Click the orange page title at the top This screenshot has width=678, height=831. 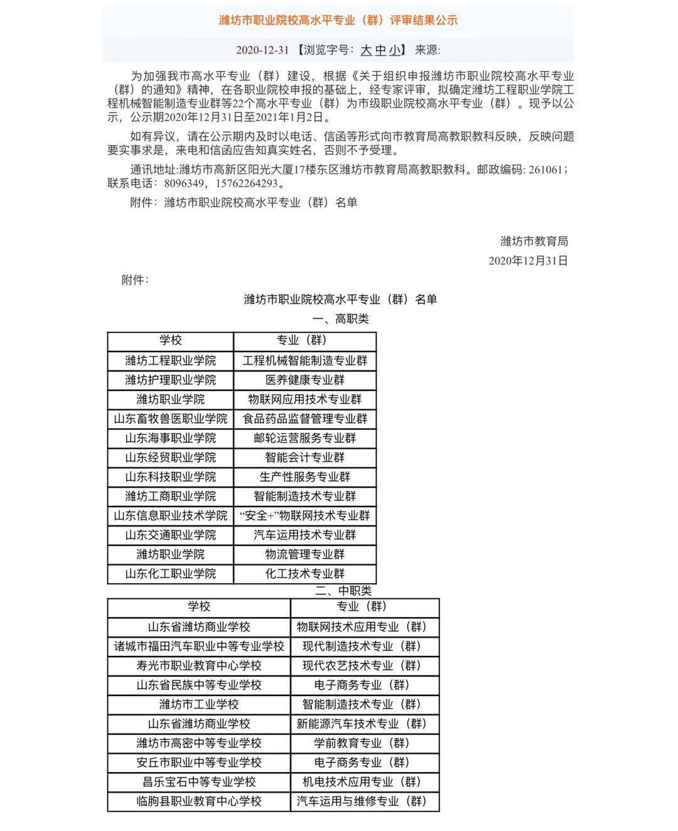click(x=338, y=20)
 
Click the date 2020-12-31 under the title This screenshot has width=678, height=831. click(x=262, y=50)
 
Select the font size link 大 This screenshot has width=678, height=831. click(x=366, y=50)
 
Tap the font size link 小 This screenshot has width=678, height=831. click(x=394, y=50)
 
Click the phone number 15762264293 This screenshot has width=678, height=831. click(x=246, y=184)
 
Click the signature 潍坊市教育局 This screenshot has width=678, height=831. click(x=534, y=241)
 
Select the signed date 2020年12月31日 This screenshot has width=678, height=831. click(x=528, y=260)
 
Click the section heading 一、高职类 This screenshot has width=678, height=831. click(x=341, y=319)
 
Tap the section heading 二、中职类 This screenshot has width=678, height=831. click(x=343, y=591)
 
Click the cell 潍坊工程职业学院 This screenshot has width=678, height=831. click(x=170, y=361)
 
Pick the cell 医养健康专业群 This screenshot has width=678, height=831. click(x=305, y=380)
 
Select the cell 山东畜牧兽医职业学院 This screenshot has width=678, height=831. click(x=170, y=419)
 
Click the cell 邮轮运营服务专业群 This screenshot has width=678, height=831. click(x=305, y=439)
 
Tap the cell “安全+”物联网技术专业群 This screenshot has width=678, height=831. click(x=305, y=516)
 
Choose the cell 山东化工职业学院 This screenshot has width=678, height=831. click(x=170, y=574)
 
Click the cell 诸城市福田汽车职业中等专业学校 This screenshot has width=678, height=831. click(x=199, y=646)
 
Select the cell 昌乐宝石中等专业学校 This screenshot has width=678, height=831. click(x=199, y=782)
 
